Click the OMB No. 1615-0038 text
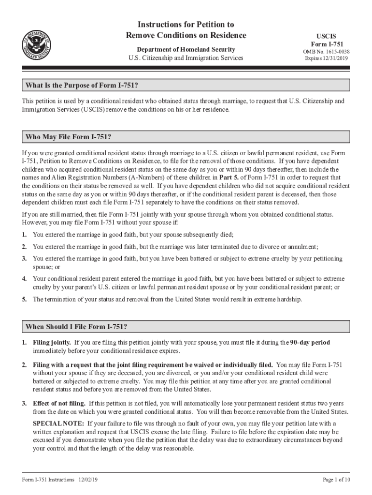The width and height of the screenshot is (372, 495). [326, 52]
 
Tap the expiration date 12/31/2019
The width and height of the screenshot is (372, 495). [336, 58]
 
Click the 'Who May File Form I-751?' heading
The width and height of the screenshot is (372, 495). [72, 137]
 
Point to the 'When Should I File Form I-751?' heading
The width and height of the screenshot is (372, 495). [76, 327]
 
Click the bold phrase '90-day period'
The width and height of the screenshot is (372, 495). [310, 342]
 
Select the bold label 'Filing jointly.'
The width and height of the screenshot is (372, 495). [52, 342]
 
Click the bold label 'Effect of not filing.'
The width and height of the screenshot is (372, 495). [59, 404]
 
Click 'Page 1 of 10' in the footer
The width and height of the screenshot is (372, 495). [336, 480]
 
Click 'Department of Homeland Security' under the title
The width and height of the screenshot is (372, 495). [186, 49]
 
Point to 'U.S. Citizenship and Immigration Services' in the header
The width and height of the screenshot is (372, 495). [186, 58]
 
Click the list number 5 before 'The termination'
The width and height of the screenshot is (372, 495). [24, 299]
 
